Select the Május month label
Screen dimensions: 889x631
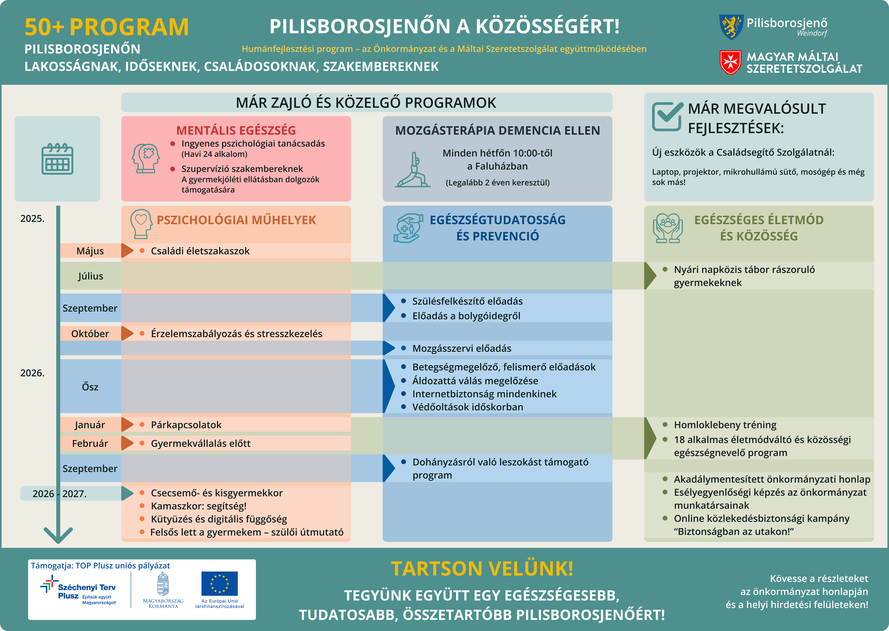(90, 251)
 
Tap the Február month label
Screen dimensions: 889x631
(90, 443)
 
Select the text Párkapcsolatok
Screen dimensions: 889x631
(186, 425)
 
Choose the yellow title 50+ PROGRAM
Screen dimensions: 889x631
(107, 27)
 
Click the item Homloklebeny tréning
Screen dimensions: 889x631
(725, 425)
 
